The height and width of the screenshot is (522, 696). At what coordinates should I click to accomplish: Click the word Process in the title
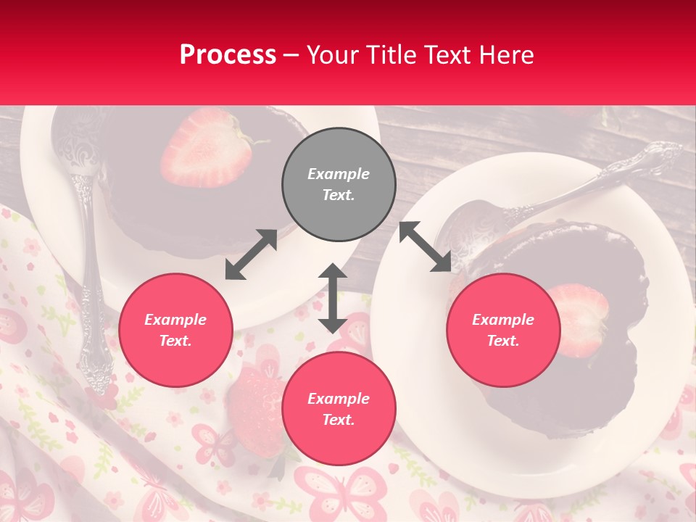pos(228,55)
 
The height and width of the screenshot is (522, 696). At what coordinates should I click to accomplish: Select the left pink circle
pos(175,330)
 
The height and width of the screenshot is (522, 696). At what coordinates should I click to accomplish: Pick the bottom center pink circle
pos(339,408)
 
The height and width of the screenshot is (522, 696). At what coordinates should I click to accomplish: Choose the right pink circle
pos(503,330)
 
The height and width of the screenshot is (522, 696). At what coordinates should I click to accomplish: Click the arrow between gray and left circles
pos(251,254)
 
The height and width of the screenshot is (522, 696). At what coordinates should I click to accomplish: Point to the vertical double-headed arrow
pos(333,298)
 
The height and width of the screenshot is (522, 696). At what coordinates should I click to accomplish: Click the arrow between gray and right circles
pos(425,247)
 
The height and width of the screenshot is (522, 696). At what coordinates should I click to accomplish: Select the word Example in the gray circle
pos(339,174)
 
